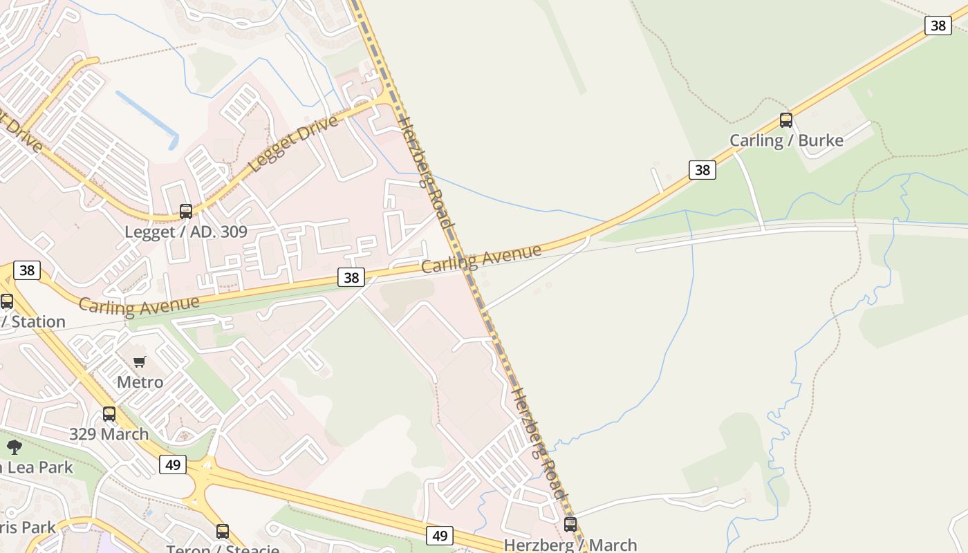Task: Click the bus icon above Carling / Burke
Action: (785, 120)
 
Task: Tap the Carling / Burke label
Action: (786, 141)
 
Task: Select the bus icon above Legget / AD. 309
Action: (185, 212)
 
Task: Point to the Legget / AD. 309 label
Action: (185, 232)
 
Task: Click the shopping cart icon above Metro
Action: (140, 362)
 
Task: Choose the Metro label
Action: (140, 382)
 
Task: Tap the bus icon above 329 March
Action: (109, 414)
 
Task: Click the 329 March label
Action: (109, 434)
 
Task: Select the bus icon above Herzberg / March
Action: (570, 525)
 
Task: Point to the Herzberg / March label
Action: (570, 545)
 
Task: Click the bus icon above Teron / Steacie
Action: (222, 532)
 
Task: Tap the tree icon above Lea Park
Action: (14, 447)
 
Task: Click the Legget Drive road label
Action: (294, 144)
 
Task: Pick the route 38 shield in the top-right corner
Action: (938, 26)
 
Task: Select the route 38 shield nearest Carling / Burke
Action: (702, 169)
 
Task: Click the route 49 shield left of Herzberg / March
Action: (439, 535)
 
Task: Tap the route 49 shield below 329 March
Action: (172, 465)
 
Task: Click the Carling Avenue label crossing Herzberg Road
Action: (481, 258)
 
